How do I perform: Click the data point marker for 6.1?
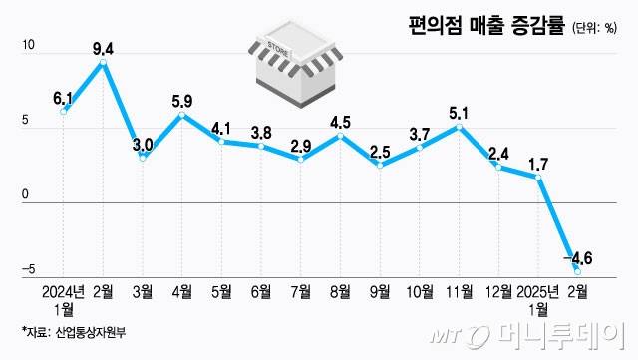[x=63, y=111]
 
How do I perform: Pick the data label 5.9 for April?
[x=181, y=100]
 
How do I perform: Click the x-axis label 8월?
[x=340, y=291]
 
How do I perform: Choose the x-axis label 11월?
[x=459, y=291]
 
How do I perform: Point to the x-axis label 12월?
[x=497, y=291]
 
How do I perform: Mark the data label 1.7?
[x=537, y=162]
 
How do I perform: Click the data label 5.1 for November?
[x=459, y=112]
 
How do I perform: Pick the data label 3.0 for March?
[x=142, y=145]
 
